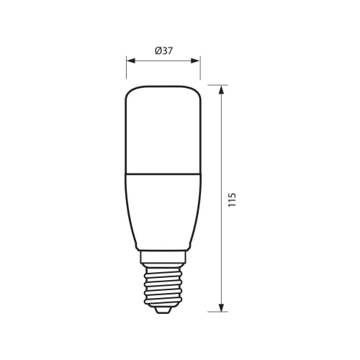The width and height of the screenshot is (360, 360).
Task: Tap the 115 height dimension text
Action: (232, 199)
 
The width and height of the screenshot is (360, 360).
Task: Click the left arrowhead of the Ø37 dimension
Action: (130, 60)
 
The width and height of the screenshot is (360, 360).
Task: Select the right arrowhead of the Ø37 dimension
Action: (197, 60)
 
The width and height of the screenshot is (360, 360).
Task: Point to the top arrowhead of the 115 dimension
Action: (220, 89)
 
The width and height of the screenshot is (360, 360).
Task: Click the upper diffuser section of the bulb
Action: (163, 130)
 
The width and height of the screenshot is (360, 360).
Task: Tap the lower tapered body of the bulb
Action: (163, 209)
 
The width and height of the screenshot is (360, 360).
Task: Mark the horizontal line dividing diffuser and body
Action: (163, 174)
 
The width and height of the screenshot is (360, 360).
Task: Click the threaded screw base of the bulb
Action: (163, 284)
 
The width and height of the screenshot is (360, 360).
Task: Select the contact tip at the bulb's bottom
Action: (163, 309)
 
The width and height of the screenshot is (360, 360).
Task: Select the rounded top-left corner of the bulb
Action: (131, 91)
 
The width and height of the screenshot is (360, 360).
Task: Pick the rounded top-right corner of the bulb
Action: (196, 91)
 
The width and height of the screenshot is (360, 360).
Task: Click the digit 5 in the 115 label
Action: (232, 194)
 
